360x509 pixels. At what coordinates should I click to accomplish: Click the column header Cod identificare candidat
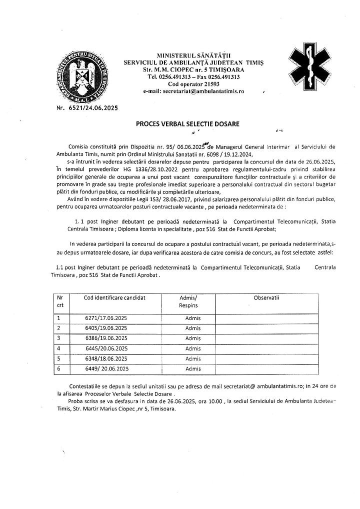coord(114,297)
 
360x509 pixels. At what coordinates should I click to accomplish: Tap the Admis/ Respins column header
coord(188,301)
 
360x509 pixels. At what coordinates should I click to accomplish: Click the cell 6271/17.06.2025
coord(106,317)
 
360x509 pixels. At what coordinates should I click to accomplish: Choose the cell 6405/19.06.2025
coord(106,328)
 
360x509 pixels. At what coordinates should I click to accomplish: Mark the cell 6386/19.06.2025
coord(106,338)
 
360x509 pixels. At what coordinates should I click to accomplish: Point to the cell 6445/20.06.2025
coord(106,348)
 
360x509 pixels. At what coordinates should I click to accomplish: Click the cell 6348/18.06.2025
coord(106,358)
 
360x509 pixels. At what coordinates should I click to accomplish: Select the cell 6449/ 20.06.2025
coord(107,369)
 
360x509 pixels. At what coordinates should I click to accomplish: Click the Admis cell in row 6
coord(192,369)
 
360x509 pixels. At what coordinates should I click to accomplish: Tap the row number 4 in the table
coord(58,348)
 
